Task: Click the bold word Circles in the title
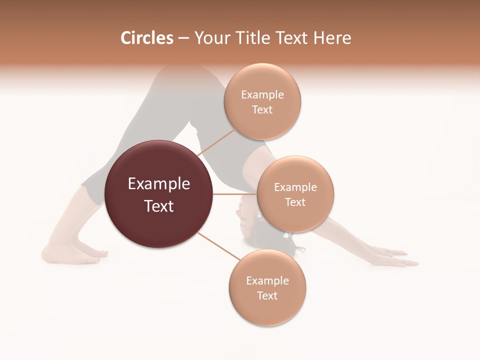(x=146, y=38)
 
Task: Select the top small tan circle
(x=262, y=101)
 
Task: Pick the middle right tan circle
(x=295, y=194)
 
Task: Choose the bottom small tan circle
(x=267, y=287)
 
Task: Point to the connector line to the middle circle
(x=234, y=194)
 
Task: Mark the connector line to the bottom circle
(x=218, y=247)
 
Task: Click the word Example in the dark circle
(x=159, y=184)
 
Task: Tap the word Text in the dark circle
(x=159, y=206)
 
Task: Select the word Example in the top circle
(x=262, y=95)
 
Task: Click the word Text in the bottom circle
(x=267, y=295)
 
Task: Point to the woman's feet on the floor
(x=75, y=253)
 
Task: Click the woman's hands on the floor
(x=395, y=257)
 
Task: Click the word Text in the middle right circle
(x=295, y=202)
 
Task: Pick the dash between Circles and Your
(x=183, y=38)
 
